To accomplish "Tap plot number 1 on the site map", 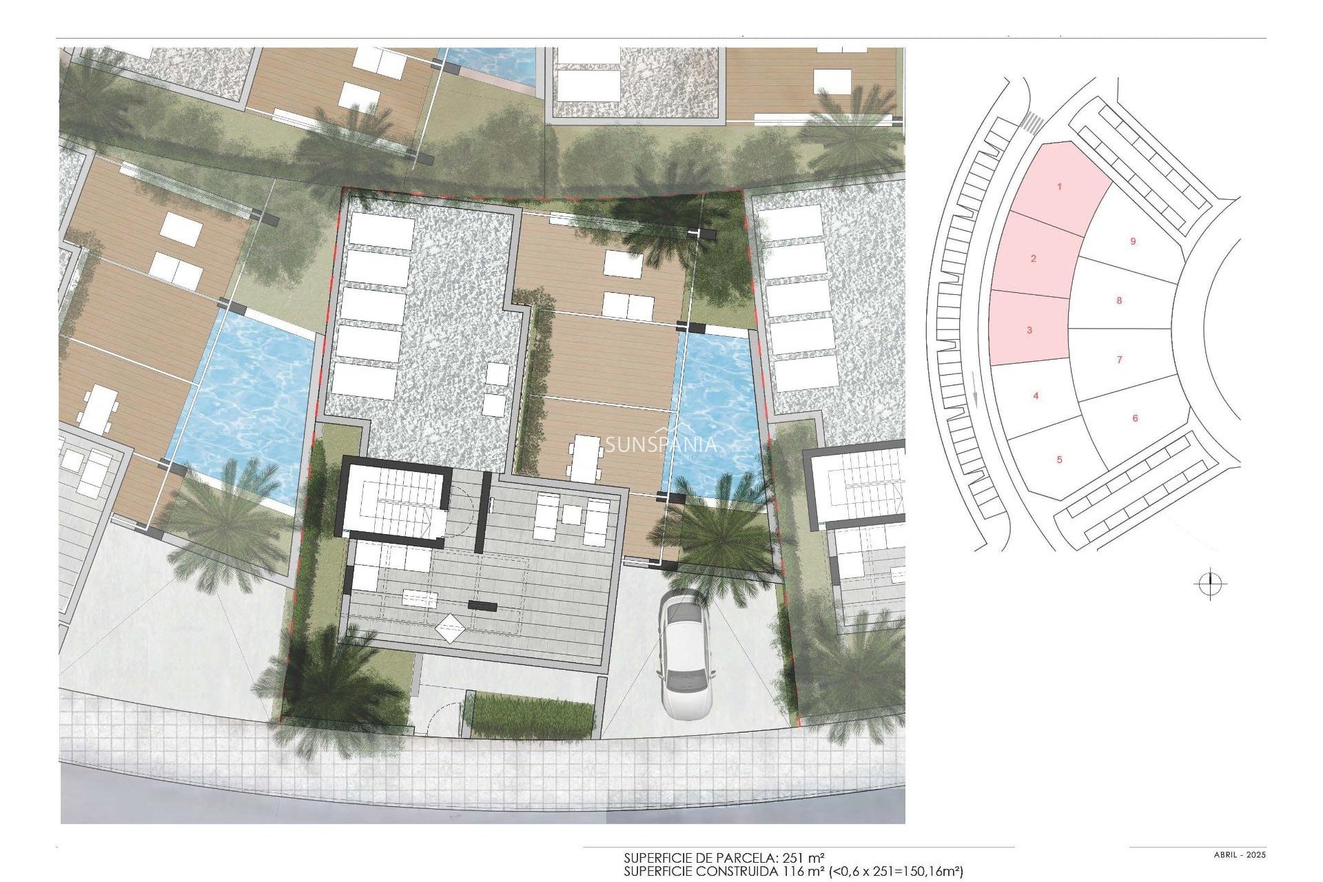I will (x=1060, y=187).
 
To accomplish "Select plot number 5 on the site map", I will (x=1060, y=460).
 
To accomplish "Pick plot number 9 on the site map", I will (x=1133, y=241).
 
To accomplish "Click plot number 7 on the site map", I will (x=1119, y=359).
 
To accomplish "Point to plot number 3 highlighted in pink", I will (x=1029, y=330).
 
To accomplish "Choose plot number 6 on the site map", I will (x=1135, y=418).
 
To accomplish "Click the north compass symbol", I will (x=1210, y=584).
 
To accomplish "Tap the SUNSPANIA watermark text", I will (x=660, y=445).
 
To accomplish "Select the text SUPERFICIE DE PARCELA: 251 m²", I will (x=724, y=859).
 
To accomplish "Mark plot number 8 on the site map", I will (x=1119, y=300).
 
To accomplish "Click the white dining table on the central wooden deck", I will (x=584, y=458).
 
